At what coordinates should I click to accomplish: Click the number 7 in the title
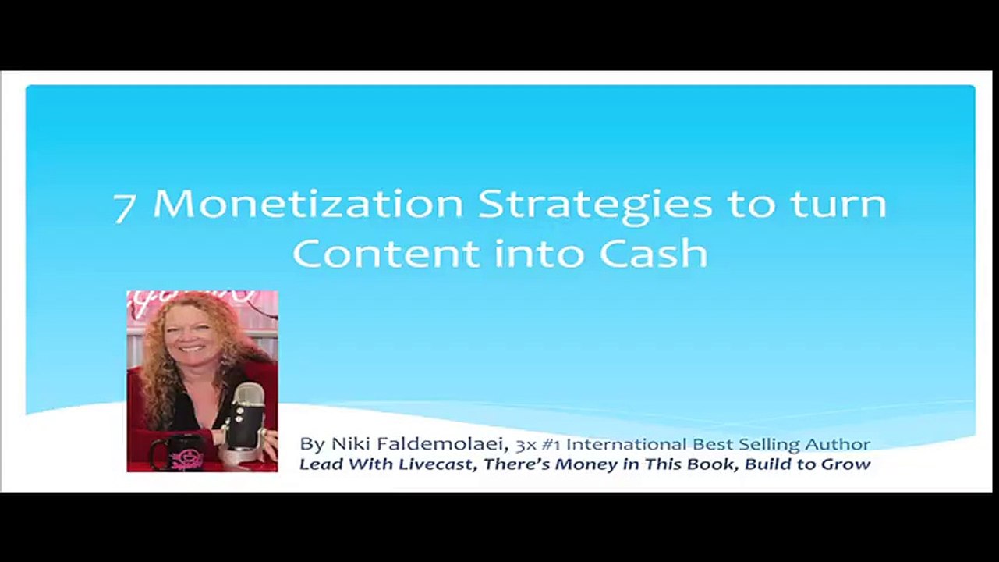pyautogui.click(x=125, y=208)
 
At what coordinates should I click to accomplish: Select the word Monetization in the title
pyautogui.click(x=308, y=204)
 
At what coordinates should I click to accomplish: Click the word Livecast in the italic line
pyautogui.click(x=434, y=464)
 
